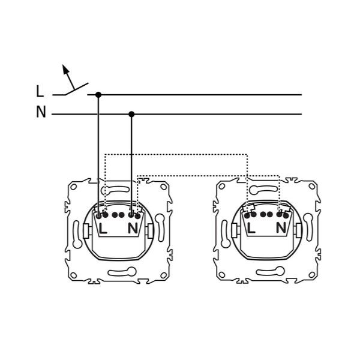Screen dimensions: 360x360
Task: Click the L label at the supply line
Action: point(40,91)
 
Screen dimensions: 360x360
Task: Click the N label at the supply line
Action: point(41,112)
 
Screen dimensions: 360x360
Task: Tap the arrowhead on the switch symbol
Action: point(65,68)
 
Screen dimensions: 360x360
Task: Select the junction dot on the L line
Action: point(98,95)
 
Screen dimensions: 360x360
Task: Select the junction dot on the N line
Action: point(131,114)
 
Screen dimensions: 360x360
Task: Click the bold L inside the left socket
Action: point(103,229)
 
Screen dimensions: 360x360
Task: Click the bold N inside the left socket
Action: point(133,229)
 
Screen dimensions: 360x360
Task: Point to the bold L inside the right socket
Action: point(251,228)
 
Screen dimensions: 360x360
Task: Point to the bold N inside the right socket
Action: point(281,228)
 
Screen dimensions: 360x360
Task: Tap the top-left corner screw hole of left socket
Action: point(73,187)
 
